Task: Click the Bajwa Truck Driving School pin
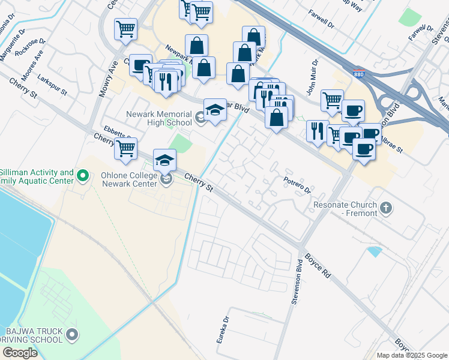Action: click(x=72, y=334)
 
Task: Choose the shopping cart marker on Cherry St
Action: click(x=125, y=149)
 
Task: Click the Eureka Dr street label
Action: click(x=223, y=331)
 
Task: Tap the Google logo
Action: click(x=20, y=353)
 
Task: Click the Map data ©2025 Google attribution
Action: click(x=411, y=355)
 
